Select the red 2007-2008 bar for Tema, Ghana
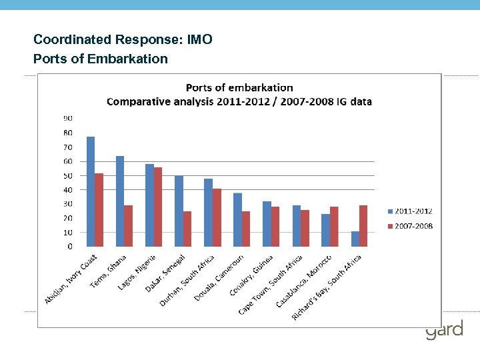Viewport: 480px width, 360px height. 129,226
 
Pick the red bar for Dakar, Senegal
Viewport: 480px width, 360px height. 187,229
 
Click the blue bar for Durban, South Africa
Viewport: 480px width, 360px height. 208,213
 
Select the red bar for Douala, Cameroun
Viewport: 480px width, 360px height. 246,229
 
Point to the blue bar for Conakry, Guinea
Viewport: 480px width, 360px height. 267,224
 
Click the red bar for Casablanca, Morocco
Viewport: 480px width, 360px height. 334,227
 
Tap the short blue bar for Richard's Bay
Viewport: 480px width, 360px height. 355,239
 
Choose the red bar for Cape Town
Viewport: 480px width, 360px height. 305,228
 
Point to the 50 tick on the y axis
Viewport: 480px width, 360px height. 69,175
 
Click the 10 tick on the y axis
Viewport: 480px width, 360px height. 69,232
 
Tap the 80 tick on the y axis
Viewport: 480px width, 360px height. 69,133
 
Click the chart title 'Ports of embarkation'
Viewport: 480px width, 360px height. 239,87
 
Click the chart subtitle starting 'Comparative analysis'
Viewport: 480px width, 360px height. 239,102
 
